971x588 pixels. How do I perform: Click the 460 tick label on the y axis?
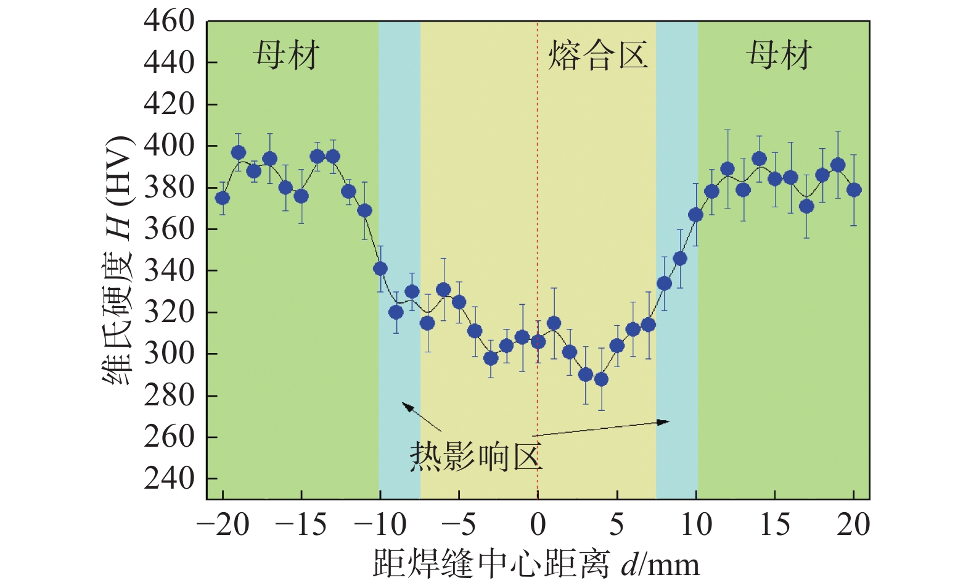[169, 22]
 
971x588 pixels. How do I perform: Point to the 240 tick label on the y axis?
[169, 479]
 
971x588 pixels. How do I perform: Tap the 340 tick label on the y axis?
[169, 271]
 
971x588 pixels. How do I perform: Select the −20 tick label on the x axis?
[223, 525]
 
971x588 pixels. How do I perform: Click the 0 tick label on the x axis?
[538, 525]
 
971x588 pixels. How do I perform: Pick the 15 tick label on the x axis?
[774, 525]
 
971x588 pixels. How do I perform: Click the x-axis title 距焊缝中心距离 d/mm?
[536, 565]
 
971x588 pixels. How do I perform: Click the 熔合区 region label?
[597, 56]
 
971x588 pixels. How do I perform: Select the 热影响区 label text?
[475, 457]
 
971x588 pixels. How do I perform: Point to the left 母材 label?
[286, 56]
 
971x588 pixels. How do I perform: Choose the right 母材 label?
[779, 56]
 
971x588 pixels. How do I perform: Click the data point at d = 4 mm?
[601, 379]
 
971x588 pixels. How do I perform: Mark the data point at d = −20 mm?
[223, 198]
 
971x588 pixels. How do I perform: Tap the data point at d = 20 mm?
[854, 190]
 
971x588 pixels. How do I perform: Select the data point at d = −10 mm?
[380, 268]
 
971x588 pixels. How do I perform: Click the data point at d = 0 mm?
[538, 342]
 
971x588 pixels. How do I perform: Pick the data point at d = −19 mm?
[239, 152]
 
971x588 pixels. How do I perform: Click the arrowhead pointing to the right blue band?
[665, 422]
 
